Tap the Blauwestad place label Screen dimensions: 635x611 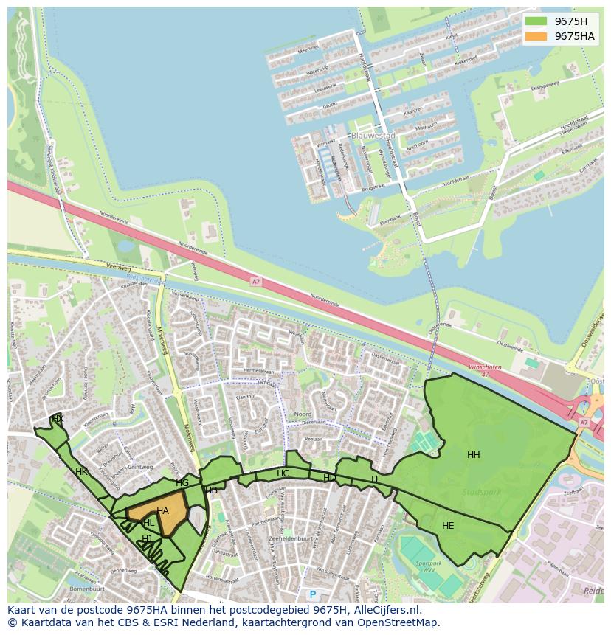coord(373,136)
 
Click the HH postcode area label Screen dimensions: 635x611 coord(474,455)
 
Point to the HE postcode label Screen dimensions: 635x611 coord(448,526)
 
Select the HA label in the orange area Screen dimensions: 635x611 coord(162,510)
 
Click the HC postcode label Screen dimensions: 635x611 coord(283,473)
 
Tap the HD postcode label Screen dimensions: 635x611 coord(329,478)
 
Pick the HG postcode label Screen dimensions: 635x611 coord(182,483)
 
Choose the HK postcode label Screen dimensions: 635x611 coord(81,472)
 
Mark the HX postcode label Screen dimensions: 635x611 coord(58,419)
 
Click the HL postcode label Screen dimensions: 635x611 coord(149,523)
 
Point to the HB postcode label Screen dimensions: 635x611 coord(211,490)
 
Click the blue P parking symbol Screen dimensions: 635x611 coord(312,594)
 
